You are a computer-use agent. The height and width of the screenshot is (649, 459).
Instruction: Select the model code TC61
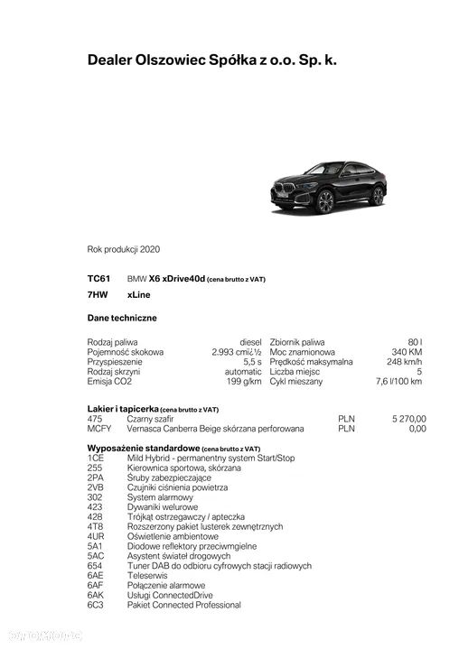click(98, 279)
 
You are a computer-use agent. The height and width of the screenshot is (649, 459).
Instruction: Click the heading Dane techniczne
click(122, 318)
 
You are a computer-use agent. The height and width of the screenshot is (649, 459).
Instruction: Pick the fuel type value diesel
click(250, 342)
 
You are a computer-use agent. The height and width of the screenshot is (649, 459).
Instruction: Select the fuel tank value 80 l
click(415, 342)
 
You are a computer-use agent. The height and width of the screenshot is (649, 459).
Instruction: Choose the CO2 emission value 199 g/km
click(244, 381)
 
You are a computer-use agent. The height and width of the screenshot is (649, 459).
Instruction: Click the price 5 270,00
click(408, 419)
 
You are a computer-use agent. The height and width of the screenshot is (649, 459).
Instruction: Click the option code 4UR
click(96, 536)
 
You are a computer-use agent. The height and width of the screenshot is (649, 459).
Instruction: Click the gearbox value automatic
click(243, 371)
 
